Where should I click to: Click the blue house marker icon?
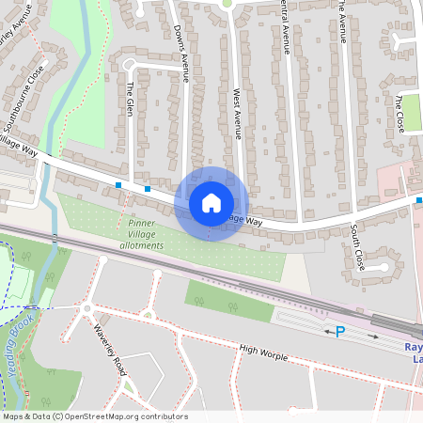point(211,203)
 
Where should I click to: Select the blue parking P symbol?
point(340,332)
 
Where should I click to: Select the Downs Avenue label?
point(182,62)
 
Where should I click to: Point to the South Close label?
point(357,246)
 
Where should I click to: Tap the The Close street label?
point(400,113)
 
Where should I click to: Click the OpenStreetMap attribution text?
point(94,416)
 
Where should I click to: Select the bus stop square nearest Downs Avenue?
point(148,188)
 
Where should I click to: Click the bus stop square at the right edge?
point(419,200)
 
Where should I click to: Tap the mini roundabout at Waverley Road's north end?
point(86,307)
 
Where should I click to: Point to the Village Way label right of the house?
point(243,219)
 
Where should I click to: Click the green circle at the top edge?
point(227,3)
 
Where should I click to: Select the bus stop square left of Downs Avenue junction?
point(118,184)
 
